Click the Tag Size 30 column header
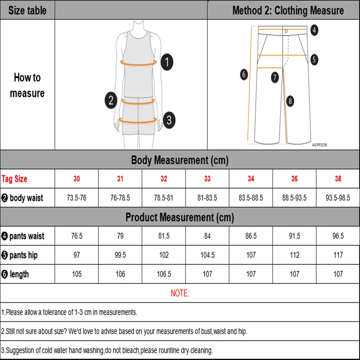pyautogui.click(x=77, y=179)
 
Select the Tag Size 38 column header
pyautogui.click(x=338, y=179)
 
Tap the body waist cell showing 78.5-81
pyautogui.click(x=164, y=198)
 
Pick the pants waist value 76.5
pyautogui.click(x=77, y=236)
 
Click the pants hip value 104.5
pyautogui.click(x=207, y=255)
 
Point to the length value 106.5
pyautogui.click(x=164, y=274)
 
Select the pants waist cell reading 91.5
pyautogui.click(x=294, y=236)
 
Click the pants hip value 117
pyautogui.click(x=338, y=255)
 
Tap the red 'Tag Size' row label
pyautogui.click(x=14, y=179)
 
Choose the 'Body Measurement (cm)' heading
pyautogui.click(x=180, y=160)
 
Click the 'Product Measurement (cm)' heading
pyautogui.click(x=180, y=217)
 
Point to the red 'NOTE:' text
pyautogui.click(x=180, y=293)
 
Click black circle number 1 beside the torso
pyautogui.click(x=166, y=62)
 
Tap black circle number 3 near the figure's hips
pyautogui.click(x=169, y=120)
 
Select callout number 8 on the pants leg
pyautogui.click(x=291, y=101)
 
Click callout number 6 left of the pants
pyautogui.click(x=244, y=75)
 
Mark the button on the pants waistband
pyautogui.click(x=286, y=31)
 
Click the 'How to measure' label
pyautogui.click(x=27, y=85)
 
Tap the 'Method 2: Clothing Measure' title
pyautogui.click(x=288, y=10)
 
